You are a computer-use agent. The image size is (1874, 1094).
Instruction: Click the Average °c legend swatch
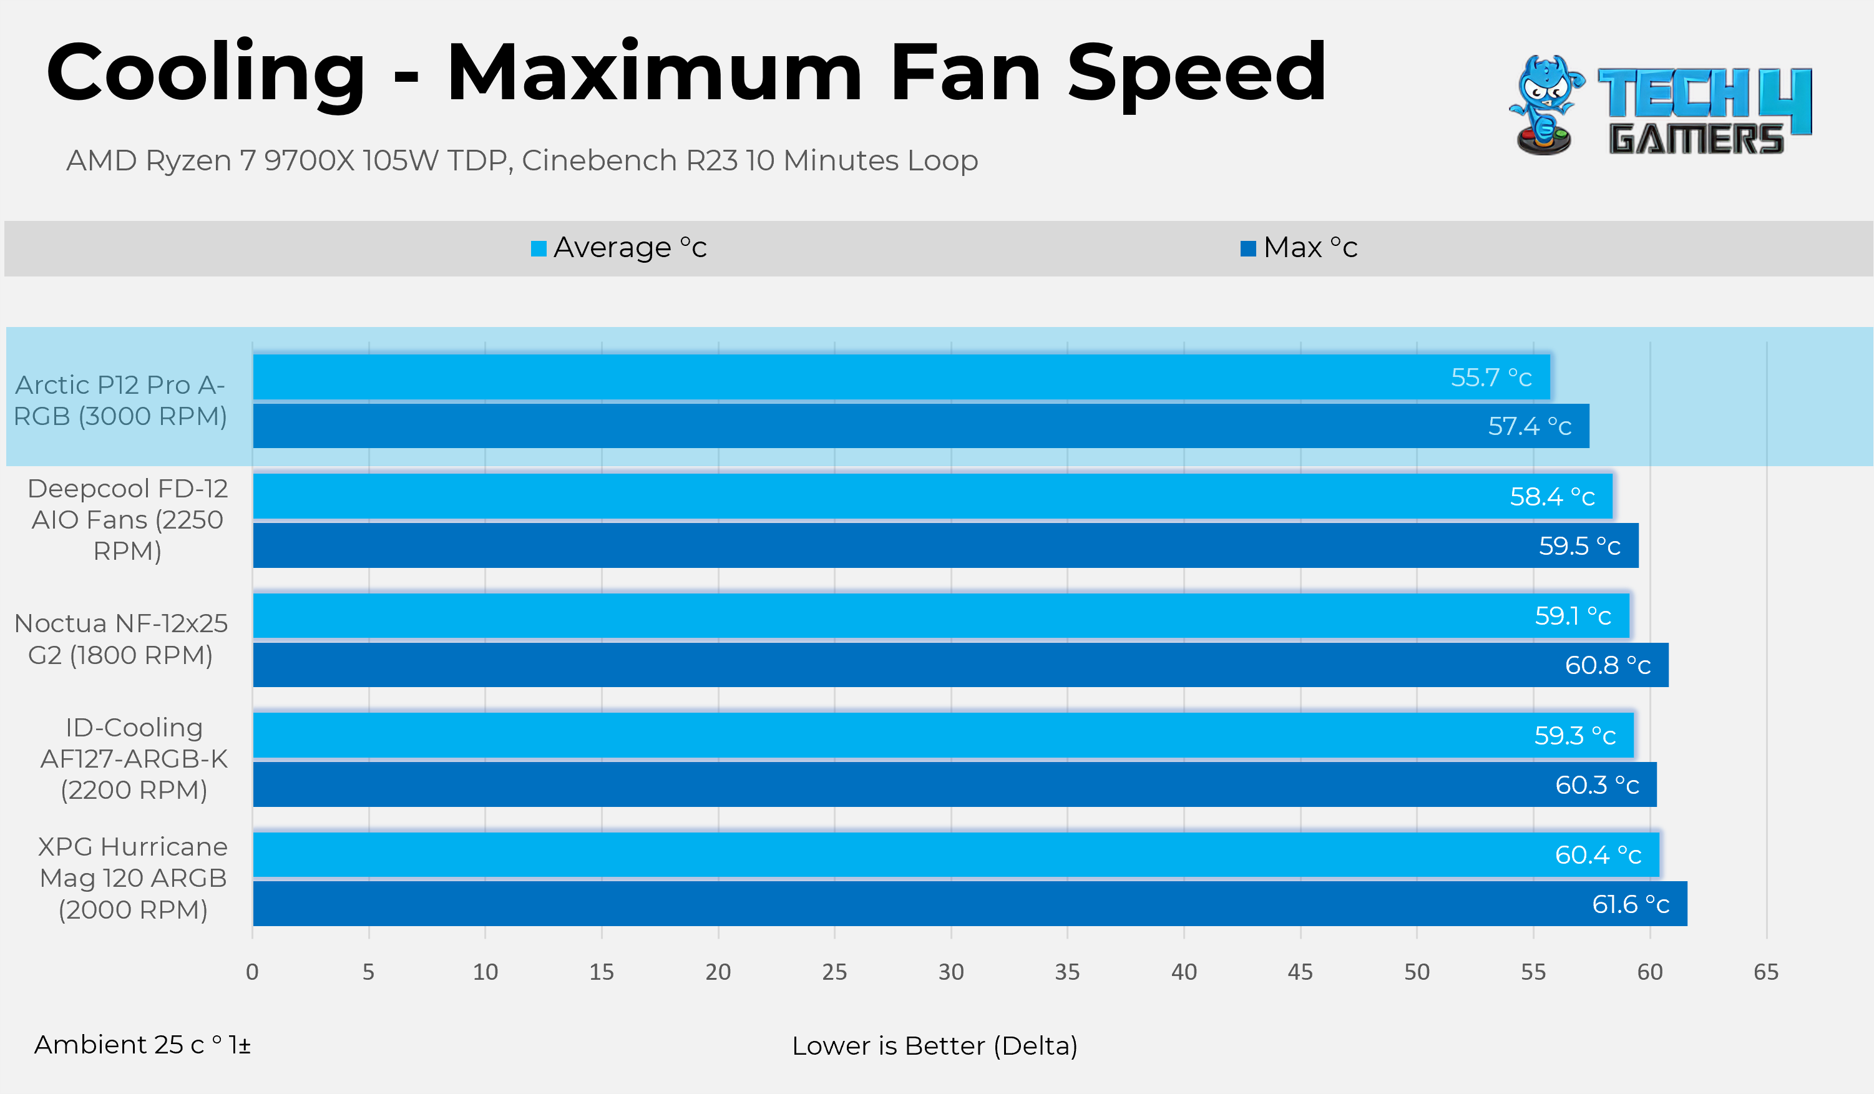(539, 248)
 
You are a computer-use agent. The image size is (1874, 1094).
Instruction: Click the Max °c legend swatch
(1248, 248)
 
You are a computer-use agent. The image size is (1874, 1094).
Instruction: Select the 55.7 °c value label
(1491, 378)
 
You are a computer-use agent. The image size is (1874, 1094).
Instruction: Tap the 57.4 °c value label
(1529, 426)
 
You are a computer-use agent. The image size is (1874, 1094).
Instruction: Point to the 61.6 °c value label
(1630, 904)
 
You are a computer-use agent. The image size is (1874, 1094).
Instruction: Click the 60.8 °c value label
(1607, 665)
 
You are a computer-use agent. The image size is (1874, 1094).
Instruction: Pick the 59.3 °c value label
(1574, 736)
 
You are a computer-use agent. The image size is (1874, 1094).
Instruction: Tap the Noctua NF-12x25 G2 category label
(120, 639)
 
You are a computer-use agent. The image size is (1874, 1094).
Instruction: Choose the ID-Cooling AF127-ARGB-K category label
(134, 759)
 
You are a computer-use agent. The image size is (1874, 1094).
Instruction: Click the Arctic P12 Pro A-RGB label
(120, 400)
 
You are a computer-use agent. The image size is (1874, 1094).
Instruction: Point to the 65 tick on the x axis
(1765, 972)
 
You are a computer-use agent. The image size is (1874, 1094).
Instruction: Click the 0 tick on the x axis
(252, 972)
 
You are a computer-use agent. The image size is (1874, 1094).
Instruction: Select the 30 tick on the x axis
(950, 972)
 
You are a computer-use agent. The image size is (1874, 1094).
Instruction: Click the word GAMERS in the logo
(1696, 139)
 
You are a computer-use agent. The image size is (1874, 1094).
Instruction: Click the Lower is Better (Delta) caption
(934, 1046)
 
